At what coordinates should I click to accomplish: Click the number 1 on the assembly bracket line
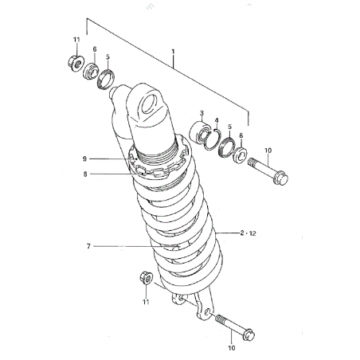[173, 51]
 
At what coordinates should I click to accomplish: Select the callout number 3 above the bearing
[202, 113]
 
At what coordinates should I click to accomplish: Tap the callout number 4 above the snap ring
[217, 120]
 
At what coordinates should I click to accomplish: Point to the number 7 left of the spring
[88, 246]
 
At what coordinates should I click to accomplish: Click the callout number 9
[84, 158]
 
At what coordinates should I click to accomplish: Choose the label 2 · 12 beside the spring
[248, 233]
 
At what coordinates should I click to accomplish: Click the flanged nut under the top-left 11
[76, 63]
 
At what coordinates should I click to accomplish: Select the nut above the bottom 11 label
[147, 277]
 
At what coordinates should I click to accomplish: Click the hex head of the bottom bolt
[248, 335]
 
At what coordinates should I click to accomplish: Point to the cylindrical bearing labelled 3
[199, 132]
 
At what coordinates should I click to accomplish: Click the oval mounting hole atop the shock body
[149, 105]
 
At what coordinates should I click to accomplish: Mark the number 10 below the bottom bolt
[232, 347]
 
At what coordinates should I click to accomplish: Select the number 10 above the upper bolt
[268, 151]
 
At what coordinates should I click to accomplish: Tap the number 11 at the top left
[76, 40]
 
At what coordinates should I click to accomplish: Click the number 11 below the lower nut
[146, 302]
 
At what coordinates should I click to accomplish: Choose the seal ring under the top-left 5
[106, 79]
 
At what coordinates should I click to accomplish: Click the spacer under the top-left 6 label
[91, 71]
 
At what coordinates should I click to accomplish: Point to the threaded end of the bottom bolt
[221, 319]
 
